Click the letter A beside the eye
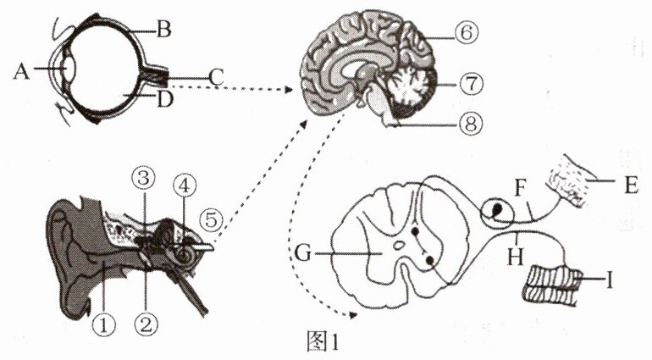coord(22,70)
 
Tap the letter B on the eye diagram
coord(164,32)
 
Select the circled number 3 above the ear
coord(143,179)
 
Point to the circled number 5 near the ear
coord(214,218)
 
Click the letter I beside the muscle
coord(608,277)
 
